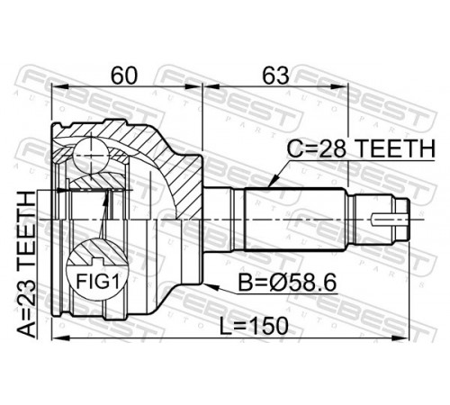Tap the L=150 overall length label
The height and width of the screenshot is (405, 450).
254,326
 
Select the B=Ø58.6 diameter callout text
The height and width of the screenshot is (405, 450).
287,283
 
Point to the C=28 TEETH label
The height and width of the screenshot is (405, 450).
361,149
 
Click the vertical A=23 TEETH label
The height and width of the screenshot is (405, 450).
26,265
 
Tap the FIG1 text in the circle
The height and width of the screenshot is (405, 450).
98,282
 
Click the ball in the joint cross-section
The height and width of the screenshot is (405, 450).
91,157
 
